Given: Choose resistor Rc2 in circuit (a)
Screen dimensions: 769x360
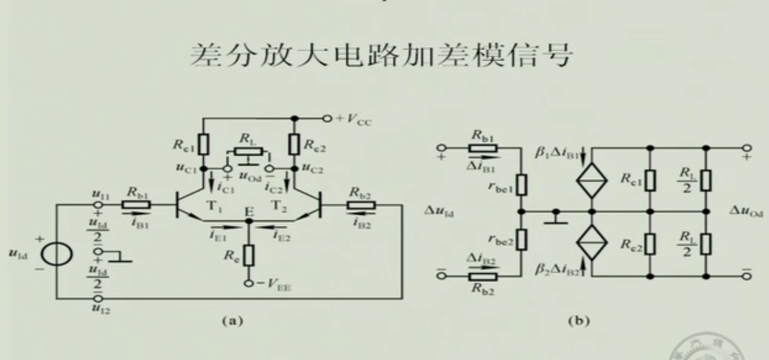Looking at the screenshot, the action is tap(294, 144).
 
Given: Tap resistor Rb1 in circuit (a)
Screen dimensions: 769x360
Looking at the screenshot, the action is tap(139, 204).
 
